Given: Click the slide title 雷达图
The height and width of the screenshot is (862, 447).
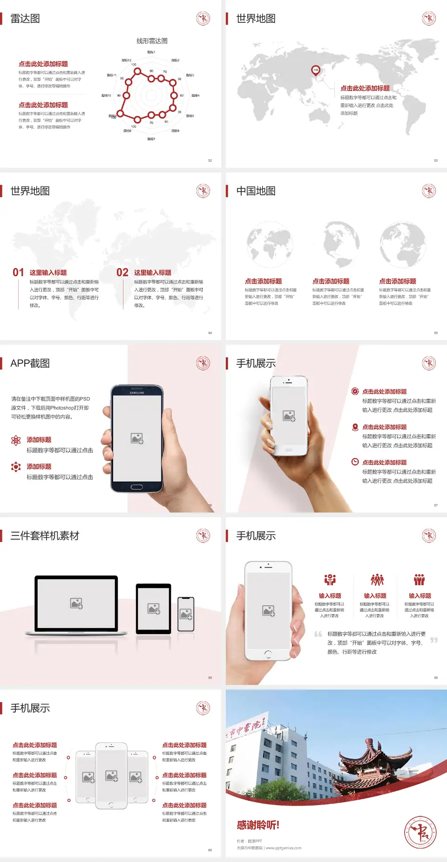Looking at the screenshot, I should click(25, 19).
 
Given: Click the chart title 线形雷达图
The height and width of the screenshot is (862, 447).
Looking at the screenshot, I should click(152, 41).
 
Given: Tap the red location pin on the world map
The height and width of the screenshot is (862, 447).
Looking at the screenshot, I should click(315, 70).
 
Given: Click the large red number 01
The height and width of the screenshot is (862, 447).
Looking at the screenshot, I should click(18, 273).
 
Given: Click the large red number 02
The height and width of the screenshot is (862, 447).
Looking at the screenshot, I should click(122, 273).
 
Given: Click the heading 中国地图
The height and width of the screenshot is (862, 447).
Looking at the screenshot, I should click(256, 191).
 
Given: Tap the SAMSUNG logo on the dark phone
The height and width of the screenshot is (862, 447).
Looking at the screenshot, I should click(137, 393).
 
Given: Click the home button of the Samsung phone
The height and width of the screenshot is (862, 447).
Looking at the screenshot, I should click(136, 487).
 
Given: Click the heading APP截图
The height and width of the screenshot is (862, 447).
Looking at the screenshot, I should click(30, 363).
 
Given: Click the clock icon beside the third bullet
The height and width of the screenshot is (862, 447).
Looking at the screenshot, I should click(355, 462).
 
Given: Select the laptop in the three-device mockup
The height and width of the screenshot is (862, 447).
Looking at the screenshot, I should click(76, 605).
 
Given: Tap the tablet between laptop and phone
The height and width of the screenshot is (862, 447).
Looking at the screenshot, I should click(154, 608).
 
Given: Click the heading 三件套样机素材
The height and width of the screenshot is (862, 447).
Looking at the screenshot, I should click(45, 536).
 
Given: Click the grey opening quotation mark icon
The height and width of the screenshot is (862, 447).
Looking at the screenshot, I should click(318, 634).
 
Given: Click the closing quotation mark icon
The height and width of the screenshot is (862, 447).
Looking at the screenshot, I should click(434, 640).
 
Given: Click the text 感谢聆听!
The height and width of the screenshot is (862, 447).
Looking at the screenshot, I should click(258, 825).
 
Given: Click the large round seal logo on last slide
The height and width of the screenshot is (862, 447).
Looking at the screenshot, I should click(420, 832).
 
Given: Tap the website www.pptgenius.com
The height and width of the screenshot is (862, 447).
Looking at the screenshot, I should click(284, 848).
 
